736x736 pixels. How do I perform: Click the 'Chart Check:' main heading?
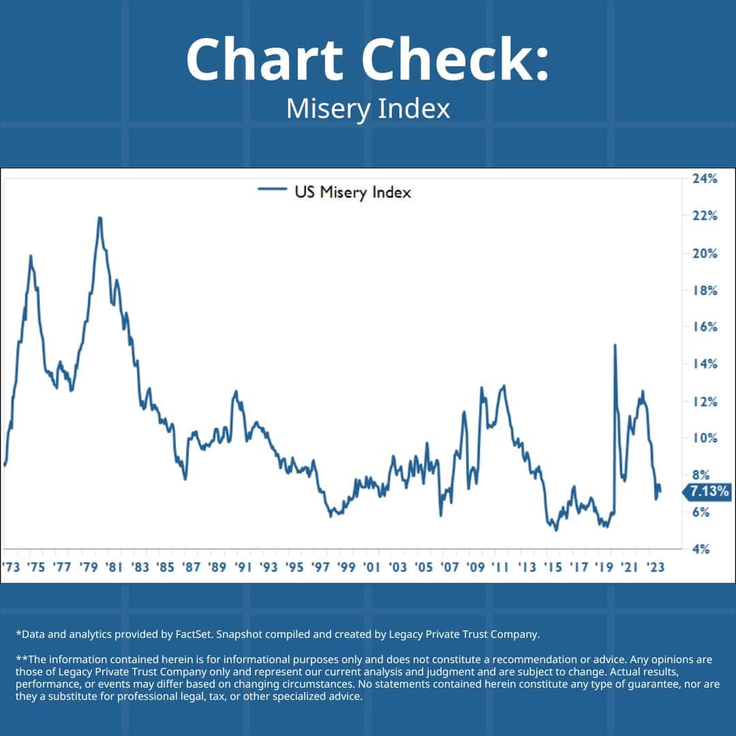367,60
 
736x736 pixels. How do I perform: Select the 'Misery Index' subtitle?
368,109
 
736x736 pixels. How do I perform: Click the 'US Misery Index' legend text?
352,192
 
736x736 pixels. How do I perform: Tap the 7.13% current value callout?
709,491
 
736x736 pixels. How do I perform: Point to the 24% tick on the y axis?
705,179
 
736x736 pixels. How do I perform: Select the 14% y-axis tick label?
705,364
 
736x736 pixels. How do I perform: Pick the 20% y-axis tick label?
705,253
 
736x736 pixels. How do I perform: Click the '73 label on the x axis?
11,567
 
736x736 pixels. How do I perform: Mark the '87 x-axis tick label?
191,567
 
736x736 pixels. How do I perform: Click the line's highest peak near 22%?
99,218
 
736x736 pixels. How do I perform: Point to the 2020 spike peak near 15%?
615,345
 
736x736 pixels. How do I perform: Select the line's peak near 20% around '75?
31,256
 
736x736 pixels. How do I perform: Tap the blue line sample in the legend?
272,192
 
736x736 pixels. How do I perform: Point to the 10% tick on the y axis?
705,438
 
